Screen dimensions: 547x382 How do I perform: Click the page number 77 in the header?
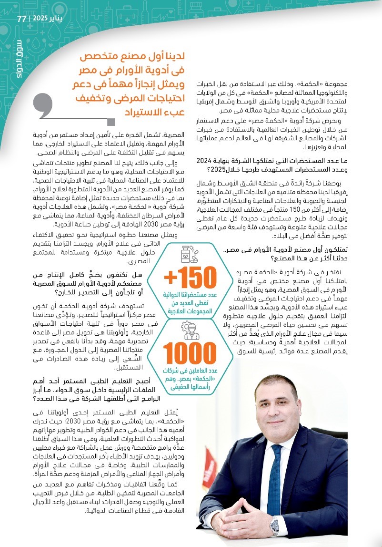point(22,20)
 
